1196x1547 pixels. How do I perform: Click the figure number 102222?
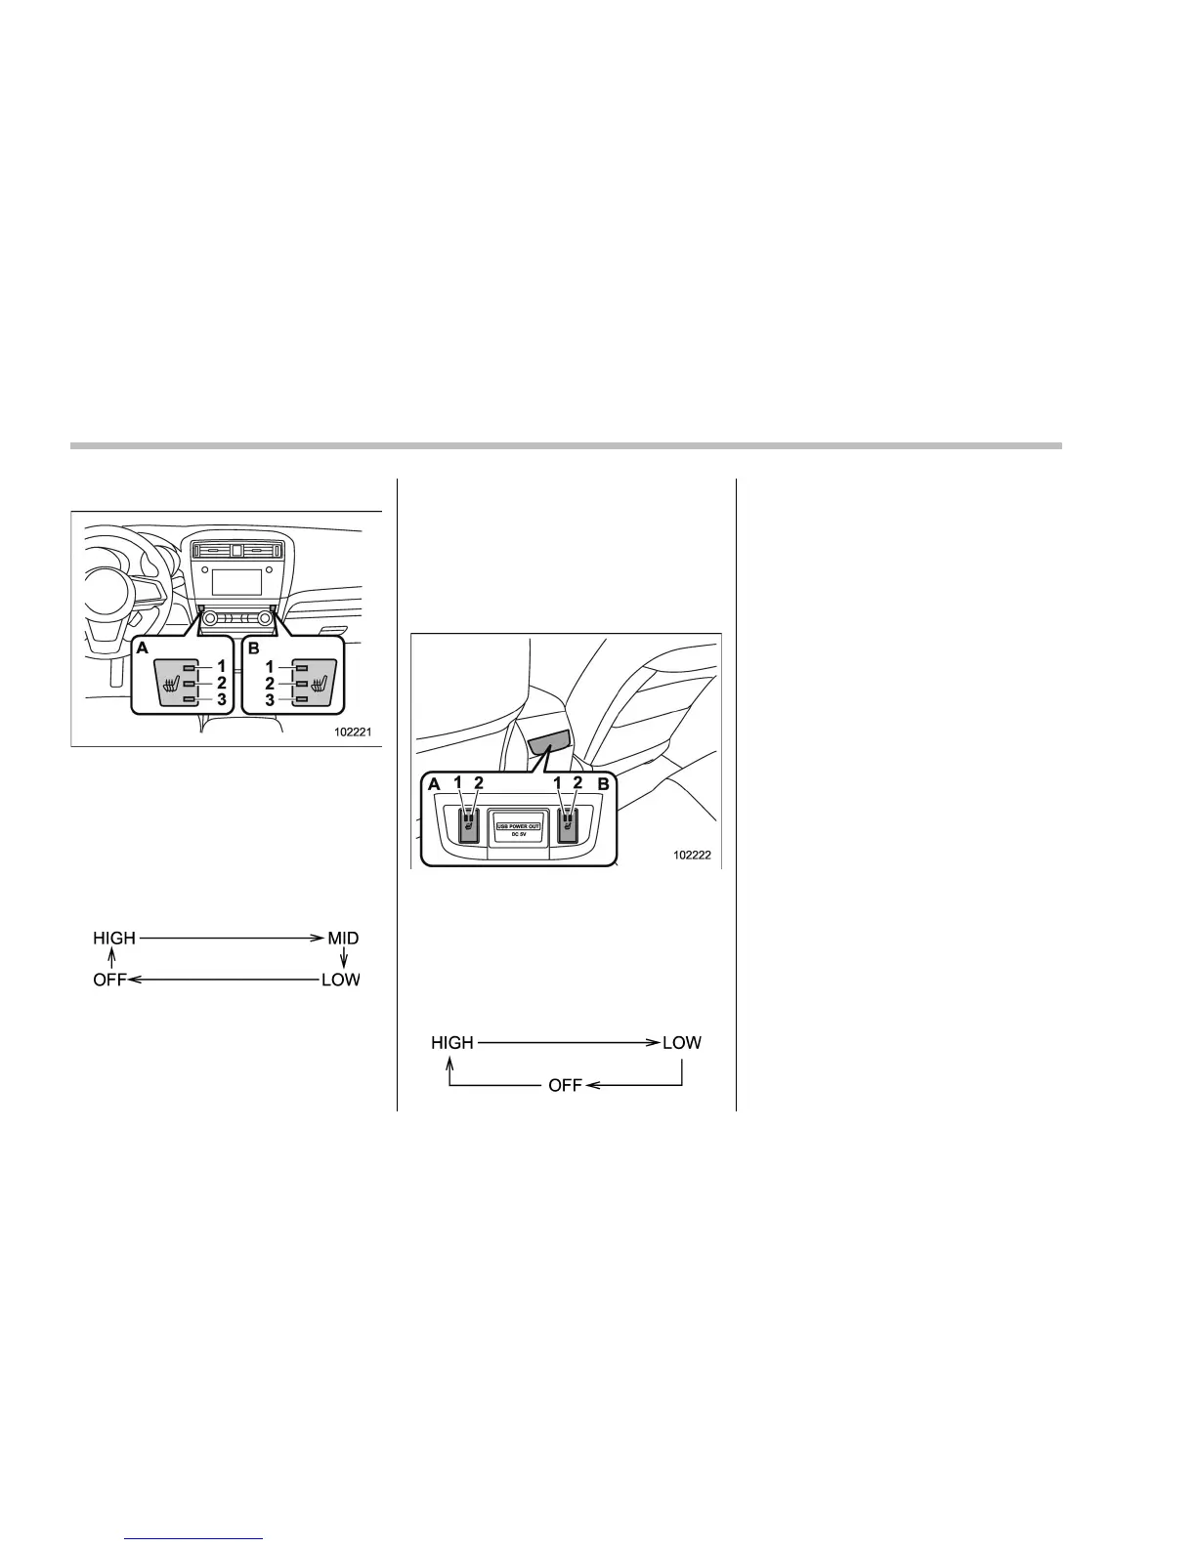click(691, 855)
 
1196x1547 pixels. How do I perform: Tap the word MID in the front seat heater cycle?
click(343, 939)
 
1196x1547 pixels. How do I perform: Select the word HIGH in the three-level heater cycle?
click(114, 939)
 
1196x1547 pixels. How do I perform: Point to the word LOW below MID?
click(341, 980)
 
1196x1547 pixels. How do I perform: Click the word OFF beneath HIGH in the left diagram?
click(110, 980)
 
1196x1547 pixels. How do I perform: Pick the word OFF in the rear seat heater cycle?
click(565, 1085)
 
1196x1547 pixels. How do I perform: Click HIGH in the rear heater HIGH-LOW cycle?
click(452, 1043)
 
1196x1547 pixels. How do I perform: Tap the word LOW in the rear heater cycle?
click(682, 1043)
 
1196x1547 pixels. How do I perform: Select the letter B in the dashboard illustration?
click(254, 647)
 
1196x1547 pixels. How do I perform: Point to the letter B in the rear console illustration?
click(604, 783)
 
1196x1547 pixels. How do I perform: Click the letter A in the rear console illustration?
click(433, 783)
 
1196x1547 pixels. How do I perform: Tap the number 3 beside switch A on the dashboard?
click(222, 700)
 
